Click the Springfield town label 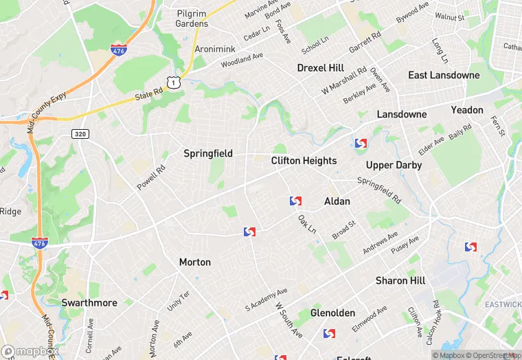point(208,154)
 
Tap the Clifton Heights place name point(304,161)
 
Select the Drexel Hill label point(320,68)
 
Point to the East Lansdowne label point(444,75)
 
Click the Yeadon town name point(467,110)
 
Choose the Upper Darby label point(394,166)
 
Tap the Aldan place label point(337,201)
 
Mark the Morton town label point(195,262)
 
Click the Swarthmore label point(89,302)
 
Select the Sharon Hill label point(400,281)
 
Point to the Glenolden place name point(332,313)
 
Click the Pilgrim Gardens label point(192,19)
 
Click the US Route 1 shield point(177,82)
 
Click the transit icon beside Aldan point(295,201)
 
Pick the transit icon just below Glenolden point(329,334)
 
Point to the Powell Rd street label point(151,177)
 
